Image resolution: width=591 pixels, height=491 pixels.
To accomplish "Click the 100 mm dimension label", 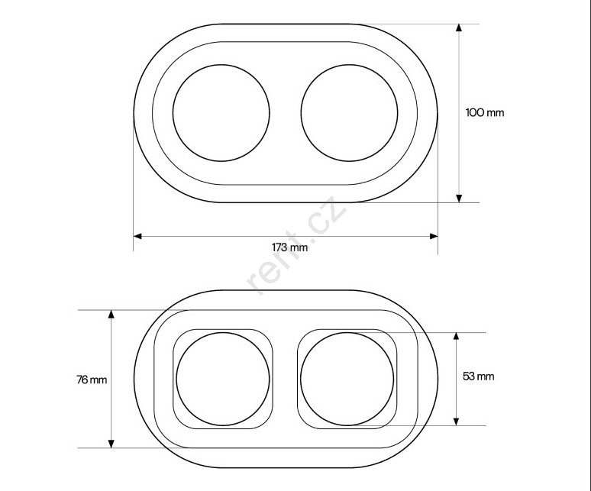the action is coord(485,113).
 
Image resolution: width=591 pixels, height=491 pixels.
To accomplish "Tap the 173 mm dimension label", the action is coord(289,247).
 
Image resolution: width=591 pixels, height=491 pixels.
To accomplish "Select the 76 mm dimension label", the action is coord(92,380).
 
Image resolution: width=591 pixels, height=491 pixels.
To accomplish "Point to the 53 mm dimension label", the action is coord(478,376).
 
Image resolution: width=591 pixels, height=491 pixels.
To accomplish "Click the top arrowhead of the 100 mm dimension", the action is coord(459,28).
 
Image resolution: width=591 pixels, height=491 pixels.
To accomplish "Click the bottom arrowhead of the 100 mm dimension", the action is coord(459,199).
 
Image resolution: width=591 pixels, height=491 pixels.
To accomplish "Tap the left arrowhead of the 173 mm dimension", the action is coord(137,236).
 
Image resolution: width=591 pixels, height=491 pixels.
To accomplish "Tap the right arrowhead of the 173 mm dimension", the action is coord(434,236).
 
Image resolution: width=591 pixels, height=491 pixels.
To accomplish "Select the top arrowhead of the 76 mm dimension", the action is coord(111,315).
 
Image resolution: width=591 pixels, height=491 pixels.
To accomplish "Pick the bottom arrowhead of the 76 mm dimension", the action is coord(111,444).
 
